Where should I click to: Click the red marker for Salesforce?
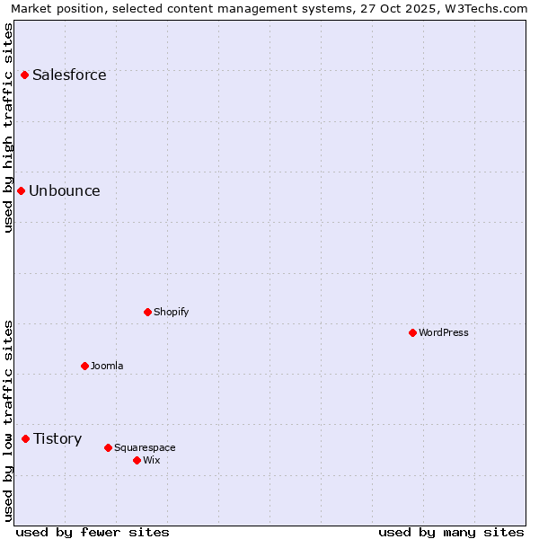coord(24,75)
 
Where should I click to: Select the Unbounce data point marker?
coord(21,190)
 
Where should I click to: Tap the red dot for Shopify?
coord(147,312)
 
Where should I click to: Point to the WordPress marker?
coord(412,332)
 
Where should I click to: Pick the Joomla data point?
coord(84,366)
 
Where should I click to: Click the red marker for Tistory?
coord(25,438)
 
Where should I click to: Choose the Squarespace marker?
coord(108,447)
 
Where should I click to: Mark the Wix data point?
coord(137,460)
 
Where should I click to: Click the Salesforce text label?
coord(69,75)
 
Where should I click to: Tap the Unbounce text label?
coord(65,190)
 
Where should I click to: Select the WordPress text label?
coord(444,332)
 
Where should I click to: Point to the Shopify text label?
coord(171,312)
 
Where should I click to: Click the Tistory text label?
coord(57,438)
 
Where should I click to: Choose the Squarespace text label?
coord(145,447)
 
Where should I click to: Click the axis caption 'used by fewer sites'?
coord(93,532)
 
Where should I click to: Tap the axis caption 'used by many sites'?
coord(451,532)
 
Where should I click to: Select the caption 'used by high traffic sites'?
coord(8,128)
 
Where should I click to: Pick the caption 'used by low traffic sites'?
coord(8,420)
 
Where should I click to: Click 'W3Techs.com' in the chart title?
coord(489,8)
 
